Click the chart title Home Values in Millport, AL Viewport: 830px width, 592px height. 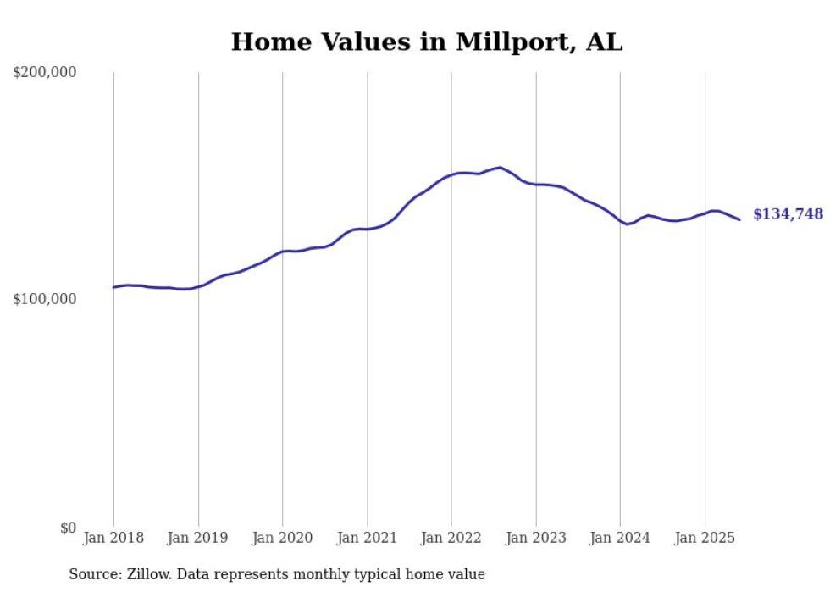click(x=426, y=42)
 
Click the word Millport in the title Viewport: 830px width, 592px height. click(x=510, y=42)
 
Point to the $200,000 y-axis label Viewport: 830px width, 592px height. click(x=45, y=73)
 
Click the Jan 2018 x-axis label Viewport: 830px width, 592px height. click(x=113, y=538)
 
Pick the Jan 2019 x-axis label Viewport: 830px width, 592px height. click(x=198, y=538)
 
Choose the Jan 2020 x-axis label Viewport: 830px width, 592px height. click(x=283, y=538)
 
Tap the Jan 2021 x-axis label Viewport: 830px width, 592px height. click(x=367, y=538)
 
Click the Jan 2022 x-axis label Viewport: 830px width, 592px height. click(x=451, y=538)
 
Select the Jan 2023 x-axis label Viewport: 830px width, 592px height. click(x=536, y=538)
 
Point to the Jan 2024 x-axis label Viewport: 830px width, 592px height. click(x=620, y=538)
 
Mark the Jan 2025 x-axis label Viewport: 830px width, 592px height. click(x=705, y=538)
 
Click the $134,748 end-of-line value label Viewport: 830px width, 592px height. click(x=788, y=214)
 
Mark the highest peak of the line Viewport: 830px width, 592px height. click(x=500, y=168)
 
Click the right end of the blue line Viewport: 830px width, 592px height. click(x=739, y=220)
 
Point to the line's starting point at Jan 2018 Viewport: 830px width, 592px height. click(x=113, y=287)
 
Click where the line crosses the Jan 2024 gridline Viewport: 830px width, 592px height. click(x=620, y=221)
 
